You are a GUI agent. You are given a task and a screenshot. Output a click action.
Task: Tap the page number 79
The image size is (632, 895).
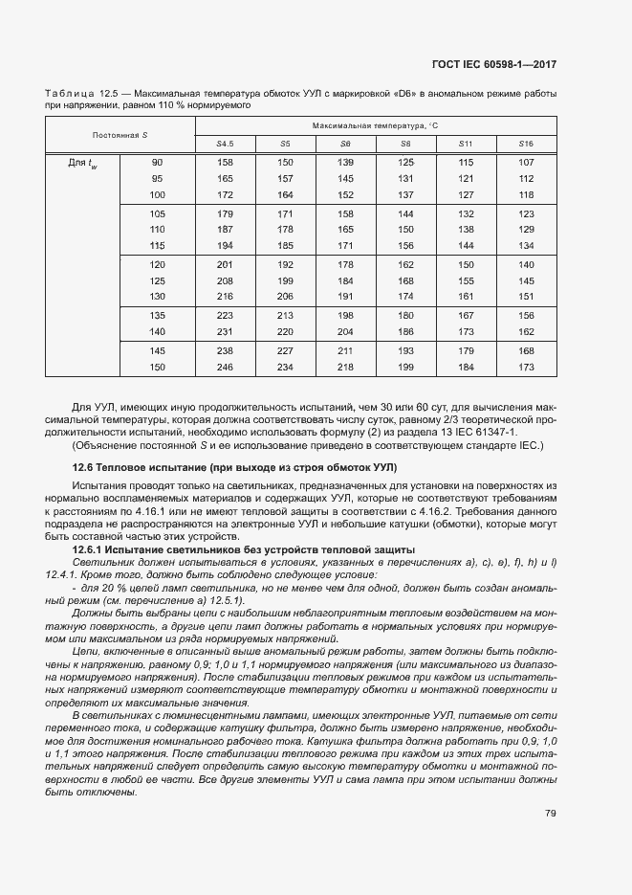tap(551, 814)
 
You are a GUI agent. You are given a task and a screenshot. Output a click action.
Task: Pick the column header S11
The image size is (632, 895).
tap(466, 144)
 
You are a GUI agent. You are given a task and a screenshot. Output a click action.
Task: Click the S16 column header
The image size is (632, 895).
tap(526, 144)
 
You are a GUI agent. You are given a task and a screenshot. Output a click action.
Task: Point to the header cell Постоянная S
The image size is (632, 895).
tap(120, 135)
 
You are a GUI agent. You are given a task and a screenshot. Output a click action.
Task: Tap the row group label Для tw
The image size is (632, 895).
tap(82, 163)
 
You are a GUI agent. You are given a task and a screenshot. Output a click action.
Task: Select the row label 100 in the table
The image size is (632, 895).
tap(157, 195)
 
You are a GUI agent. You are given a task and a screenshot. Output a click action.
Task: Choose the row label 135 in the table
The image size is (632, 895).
tap(157, 315)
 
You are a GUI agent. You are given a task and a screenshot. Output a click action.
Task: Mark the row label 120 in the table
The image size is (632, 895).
tap(157, 263)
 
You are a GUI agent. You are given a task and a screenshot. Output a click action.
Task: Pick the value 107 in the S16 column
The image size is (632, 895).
tap(526, 162)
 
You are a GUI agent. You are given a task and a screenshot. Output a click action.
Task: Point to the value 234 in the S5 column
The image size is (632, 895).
tap(285, 368)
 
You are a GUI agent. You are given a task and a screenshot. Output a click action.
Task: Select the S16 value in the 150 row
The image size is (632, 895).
tap(526, 368)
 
